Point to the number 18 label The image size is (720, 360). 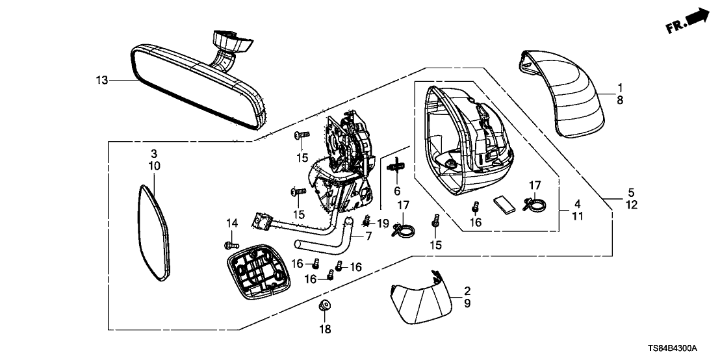324,329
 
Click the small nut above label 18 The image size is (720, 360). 324,305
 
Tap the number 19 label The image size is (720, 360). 383,224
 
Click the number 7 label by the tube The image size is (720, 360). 368,236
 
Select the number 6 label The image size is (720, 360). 397,191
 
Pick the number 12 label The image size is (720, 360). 632,205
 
